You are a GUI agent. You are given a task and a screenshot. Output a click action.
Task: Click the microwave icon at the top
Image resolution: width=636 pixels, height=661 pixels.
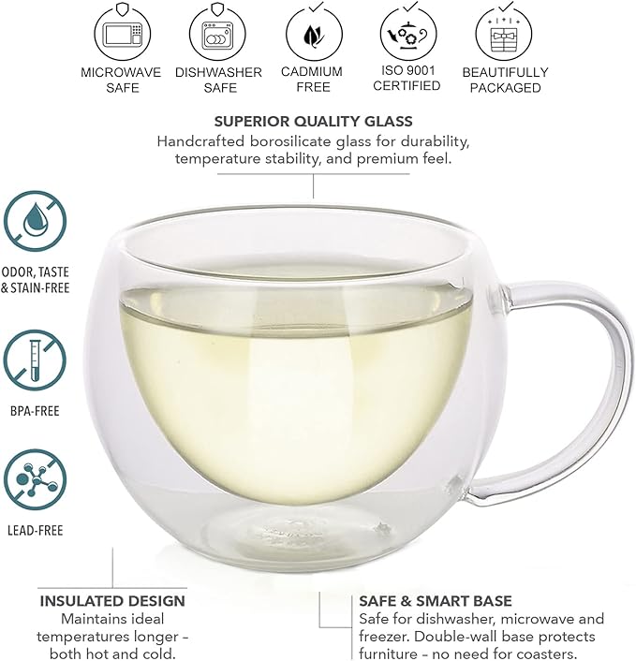123,33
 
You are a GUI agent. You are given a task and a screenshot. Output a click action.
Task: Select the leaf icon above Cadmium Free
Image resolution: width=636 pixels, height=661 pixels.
314,34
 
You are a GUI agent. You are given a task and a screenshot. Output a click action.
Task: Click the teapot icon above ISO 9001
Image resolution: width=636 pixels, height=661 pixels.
408,33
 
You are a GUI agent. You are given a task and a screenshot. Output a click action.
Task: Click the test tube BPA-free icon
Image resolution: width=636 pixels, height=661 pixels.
35,360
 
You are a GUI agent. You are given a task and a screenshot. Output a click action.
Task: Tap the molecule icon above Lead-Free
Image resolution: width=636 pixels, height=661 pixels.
35,480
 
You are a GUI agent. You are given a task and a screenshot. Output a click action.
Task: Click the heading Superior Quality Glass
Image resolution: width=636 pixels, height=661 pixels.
314,122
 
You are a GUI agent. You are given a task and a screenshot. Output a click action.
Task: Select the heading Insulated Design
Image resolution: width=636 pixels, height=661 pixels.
112,601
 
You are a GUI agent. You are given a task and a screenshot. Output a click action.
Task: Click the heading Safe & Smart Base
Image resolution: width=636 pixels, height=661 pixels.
436,601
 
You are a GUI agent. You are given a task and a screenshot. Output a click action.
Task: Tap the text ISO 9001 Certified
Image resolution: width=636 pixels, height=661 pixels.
407,78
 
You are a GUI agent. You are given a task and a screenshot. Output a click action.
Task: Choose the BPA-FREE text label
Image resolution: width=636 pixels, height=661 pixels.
35,411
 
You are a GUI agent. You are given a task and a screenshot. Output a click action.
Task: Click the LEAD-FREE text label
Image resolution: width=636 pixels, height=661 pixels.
36,530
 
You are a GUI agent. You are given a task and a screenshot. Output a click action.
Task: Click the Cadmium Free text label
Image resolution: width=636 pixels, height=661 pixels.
312,80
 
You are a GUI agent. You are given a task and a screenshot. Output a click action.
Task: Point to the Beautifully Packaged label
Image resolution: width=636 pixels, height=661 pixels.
505,80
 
